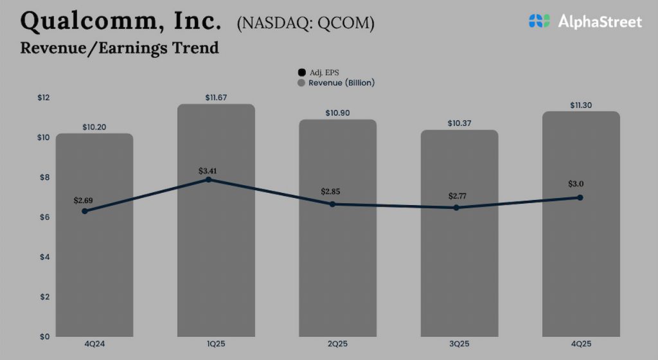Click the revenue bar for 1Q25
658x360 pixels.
click(x=216, y=257)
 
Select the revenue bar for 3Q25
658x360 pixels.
click(x=459, y=270)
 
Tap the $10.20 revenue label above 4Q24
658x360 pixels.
click(x=94, y=127)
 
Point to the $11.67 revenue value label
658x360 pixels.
click(x=217, y=98)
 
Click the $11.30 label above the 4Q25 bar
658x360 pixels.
click(x=581, y=105)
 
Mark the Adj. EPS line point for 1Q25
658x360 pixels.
click(x=208, y=179)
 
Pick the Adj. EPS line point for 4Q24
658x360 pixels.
click(x=84, y=211)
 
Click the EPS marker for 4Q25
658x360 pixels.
click(x=580, y=197)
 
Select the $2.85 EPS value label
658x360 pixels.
click(x=332, y=192)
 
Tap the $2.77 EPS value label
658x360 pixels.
click(x=457, y=195)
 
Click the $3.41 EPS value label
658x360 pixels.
click(x=209, y=171)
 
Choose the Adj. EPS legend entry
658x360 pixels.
click(x=319, y=73)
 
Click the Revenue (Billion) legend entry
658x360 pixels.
click(x=335, y=83)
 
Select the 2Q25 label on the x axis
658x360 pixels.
click(x=337, y=344)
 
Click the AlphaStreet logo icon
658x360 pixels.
click(x=540, y=21)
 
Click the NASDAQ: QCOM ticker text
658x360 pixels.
click(x=305, y=23)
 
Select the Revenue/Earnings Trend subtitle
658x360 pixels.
click(x=120, y=48)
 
